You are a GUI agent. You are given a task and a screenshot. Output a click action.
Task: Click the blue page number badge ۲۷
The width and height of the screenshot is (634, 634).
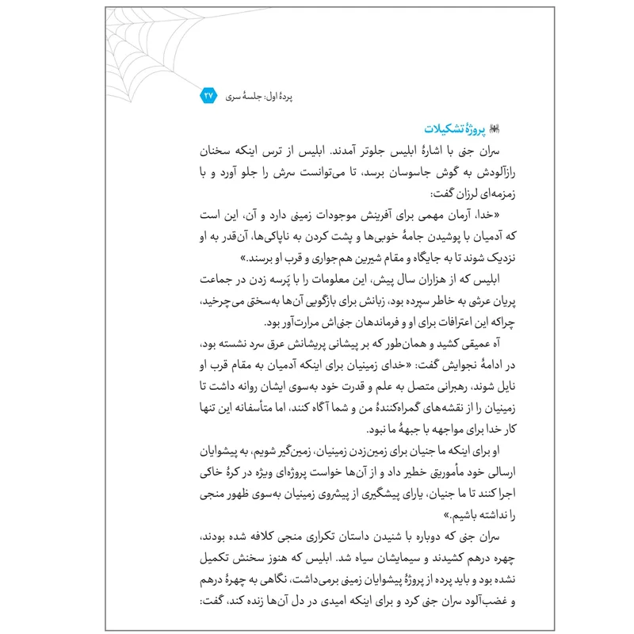208,96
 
